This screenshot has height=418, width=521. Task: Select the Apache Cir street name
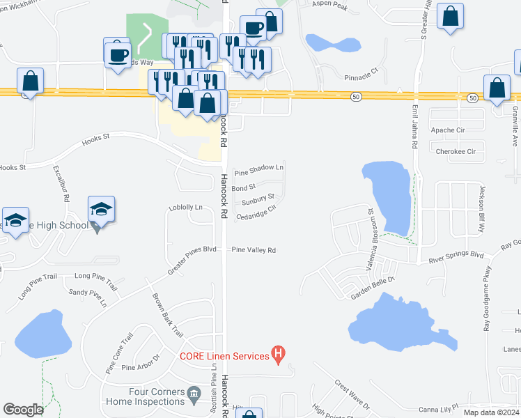(x=448, y=130)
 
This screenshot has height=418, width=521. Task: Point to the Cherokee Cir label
(x=456, y=151)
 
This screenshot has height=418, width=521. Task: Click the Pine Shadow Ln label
(x=259, y=169)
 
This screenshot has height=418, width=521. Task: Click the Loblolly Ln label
(x=185, y=208)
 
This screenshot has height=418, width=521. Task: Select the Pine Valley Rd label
(x=254, y=250)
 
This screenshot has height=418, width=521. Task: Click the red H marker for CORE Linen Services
(x=279, y=355)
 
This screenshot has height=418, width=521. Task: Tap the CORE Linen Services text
(x=224, y=356)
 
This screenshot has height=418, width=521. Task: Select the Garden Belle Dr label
(x=373, y=286)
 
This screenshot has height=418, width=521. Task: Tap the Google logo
(x=23, y=410)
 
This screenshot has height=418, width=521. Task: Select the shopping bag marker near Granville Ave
(x=497, y=89)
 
